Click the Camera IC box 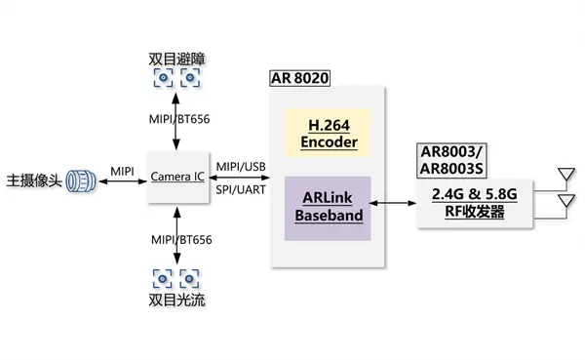click(x=178, y=177)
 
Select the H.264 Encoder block click(x=328, y=133)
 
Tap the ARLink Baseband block click(x=328, y=208)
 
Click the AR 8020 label click(x=300, y=78)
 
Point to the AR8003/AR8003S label click(x=451, y=160)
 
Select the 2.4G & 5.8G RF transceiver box click(x=475, y=203)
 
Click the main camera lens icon click(x=81, y=181)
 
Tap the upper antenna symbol click(x=565, y=175)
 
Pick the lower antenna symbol click(x=565, y=201)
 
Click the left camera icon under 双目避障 click(x=163, y=78)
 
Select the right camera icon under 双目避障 click(x=190, y=78)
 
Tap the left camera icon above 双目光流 click(x=162, y=279)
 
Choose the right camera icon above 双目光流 click(x=189, y=279)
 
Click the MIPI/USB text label click(x=241, y=167)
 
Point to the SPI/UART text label click(x=241, y=189)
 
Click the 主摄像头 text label click(x=34, y=180)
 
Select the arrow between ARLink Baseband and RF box click(x=393, y=203)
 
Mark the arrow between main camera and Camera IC click(x=123, y=181)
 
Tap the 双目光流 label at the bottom click(x=176, y=300)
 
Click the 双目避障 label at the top click(x=176, y=59)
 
